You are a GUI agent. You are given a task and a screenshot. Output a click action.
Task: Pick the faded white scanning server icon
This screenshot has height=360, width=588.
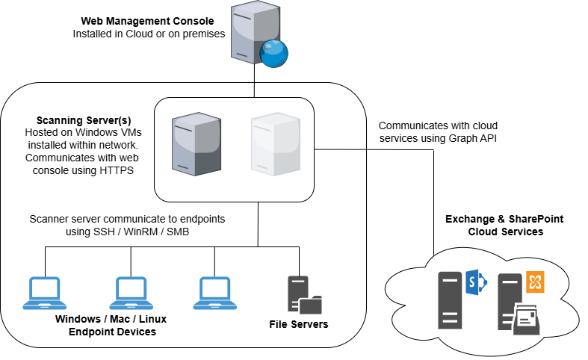tap(273, 146)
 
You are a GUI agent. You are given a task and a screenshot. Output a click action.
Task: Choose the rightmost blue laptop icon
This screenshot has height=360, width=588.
tap(216, 293)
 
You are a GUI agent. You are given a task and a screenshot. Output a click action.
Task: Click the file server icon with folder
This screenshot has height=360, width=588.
tap(303, 295)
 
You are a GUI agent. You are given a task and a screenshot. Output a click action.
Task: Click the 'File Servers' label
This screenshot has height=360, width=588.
tap(298, 325)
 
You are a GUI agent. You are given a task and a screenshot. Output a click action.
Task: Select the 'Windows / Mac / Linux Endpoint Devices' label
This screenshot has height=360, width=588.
tap(111, 325)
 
